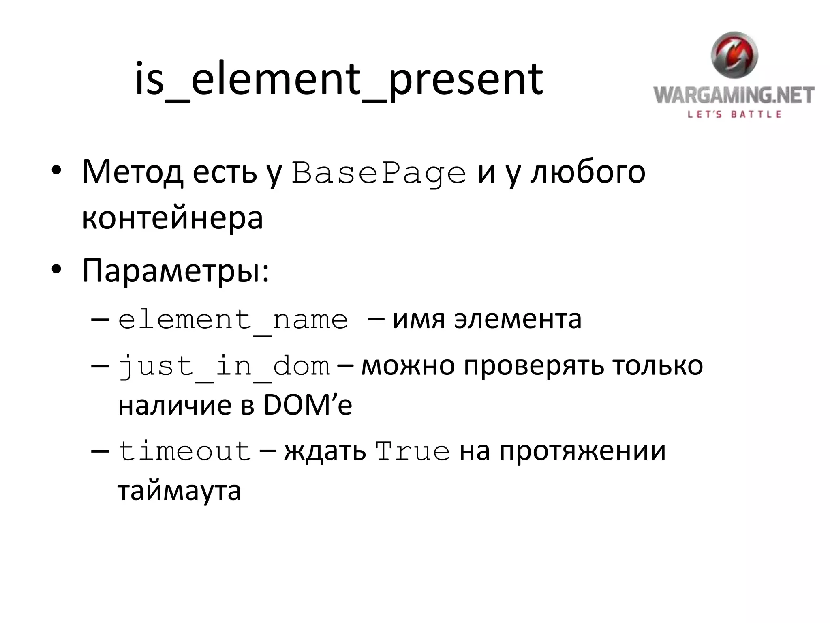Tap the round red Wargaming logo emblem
(x=734, y=55)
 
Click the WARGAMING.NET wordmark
(x=734, y=95)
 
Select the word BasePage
(x=379, y=174)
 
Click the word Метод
(x=132, y=172)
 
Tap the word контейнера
(x=173, y=218)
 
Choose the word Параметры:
(x=175, y=271)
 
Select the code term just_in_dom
(x=224, y=366)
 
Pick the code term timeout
(x=185, y=451)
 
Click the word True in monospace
(x=413, y=451)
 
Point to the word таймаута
(x=180, y=491)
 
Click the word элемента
(x=518, y=319)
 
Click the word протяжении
(x=582, y=451)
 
